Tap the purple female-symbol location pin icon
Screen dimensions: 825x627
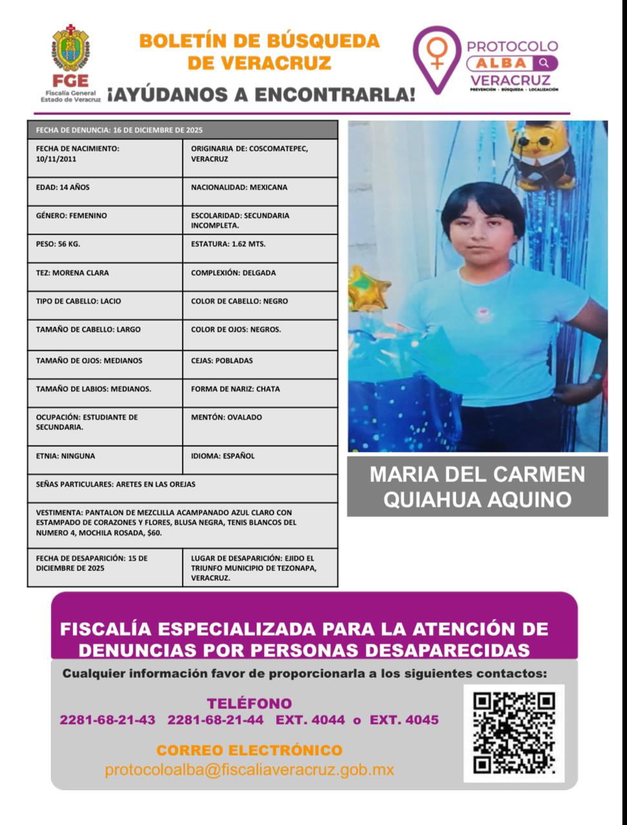(x=437, y=58)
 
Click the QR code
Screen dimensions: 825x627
(x=513, y=733)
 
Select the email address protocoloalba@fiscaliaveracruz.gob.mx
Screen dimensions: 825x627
(x=249, y=770)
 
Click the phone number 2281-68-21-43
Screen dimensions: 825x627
(x=107, y=720)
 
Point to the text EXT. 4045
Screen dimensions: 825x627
(x=404, y=720)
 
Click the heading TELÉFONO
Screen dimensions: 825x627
(x=249, y=703)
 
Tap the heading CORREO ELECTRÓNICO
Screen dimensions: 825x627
(x=249, y=750)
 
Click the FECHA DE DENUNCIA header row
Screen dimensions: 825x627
(x=183, y=130)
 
